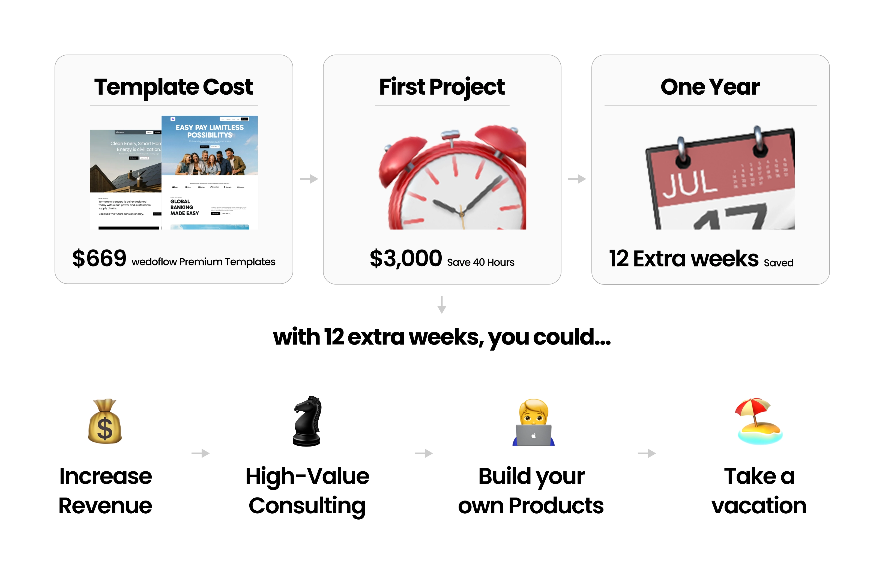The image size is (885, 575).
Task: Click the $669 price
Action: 99,258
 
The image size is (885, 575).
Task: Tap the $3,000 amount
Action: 406,258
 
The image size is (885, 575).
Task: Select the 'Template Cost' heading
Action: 173,87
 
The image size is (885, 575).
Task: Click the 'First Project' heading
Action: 442,87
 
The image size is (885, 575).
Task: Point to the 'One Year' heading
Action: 710,87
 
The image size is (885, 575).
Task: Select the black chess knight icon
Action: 307,421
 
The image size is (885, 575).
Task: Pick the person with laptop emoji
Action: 534,423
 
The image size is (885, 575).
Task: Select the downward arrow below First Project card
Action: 442,304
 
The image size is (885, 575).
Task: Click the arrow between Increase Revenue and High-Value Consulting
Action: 201,453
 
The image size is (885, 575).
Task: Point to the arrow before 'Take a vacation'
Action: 647,453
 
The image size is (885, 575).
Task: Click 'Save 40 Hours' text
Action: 480,262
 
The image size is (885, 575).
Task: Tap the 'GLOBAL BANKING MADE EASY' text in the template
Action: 184,207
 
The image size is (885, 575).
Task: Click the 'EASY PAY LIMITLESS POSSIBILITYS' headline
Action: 210,131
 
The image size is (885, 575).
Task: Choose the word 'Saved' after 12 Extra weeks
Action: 778,263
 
